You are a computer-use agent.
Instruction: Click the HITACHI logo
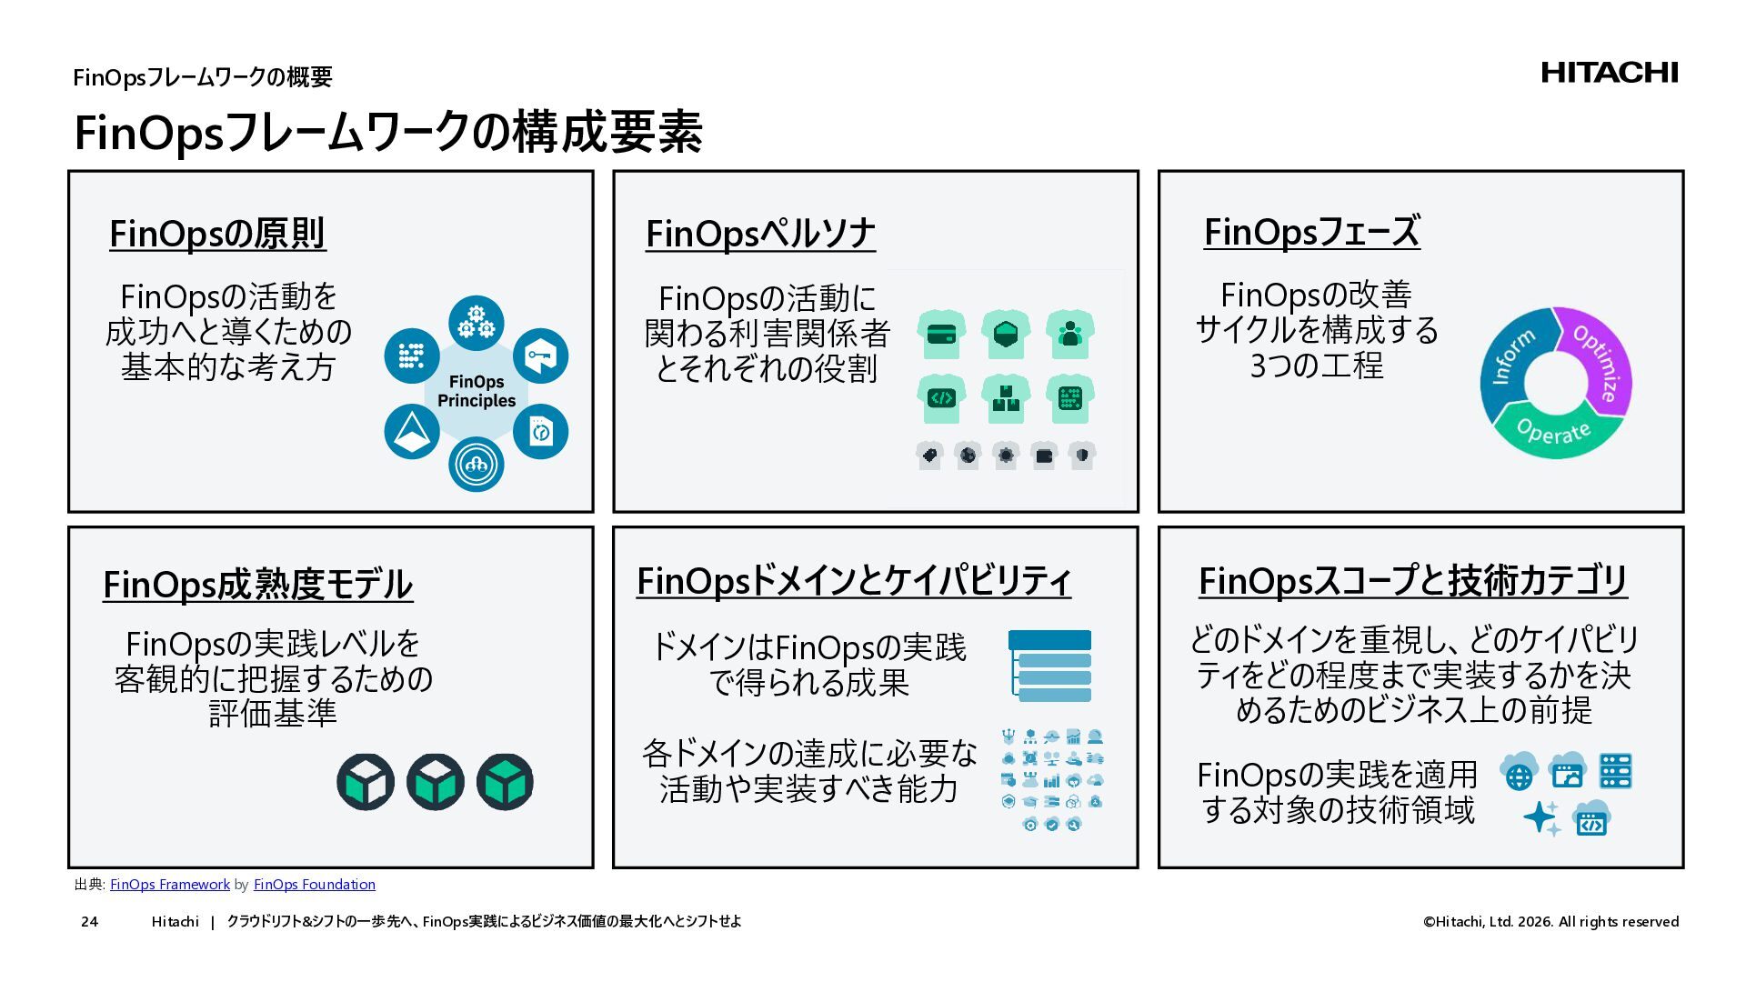(x=1609, y=73)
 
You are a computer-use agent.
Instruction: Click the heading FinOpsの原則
(x=217, y=234)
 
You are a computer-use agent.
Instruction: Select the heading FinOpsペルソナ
(x=760, y=234)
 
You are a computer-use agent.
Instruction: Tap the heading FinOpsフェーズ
(x=1311, y=232)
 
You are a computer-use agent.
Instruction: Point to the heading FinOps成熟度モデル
(x=257, y=585)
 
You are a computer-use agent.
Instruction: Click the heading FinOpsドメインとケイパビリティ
(x=853, y=581)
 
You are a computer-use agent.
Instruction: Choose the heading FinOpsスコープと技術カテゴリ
(x=1412, y=581)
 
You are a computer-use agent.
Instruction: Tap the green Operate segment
(x=1554, y=432)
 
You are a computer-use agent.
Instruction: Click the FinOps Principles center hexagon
(x=476, y=392)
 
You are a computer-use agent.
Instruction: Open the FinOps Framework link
(x=170, y=885)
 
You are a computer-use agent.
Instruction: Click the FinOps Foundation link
(x=314, y=885)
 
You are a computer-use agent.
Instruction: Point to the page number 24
(x=89, y=922)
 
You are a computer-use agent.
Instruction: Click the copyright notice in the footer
(x=1550, y=922)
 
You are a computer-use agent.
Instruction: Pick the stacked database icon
(x=1049, y=666)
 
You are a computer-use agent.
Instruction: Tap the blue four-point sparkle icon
(x=1541, y=817)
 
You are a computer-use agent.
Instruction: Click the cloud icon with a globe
(x=1519, y=773)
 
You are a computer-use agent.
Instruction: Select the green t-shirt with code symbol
(x=941, y=398)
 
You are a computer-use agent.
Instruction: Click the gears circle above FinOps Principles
(x=476, y=322)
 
